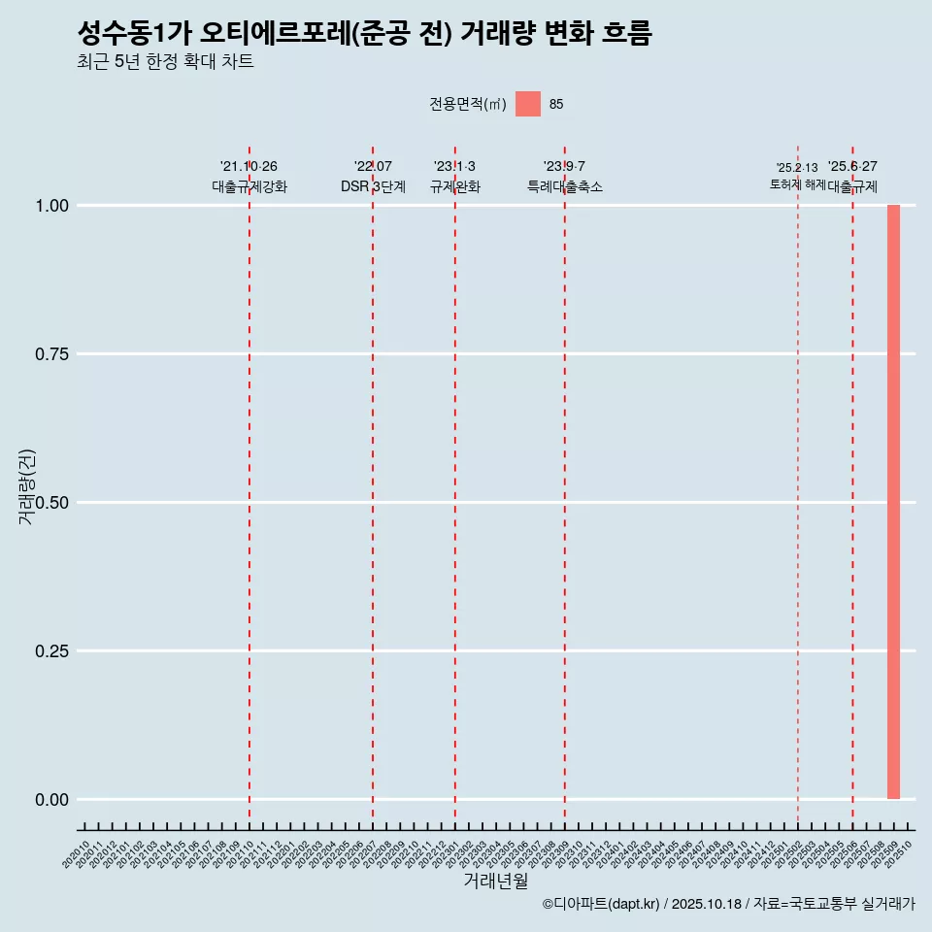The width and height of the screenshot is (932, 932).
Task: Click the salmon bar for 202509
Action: pyautogui.click(x=893, y=502)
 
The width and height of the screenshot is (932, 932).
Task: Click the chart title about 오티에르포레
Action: pyautogui.click(x=364, y=33)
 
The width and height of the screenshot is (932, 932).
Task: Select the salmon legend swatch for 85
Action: pyautogui.click(x=527, y=104)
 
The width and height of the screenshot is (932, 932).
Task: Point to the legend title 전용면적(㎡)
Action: pyautogui.click(x=468, y=104)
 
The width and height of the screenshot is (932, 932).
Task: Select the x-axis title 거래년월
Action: pyautogui.click(x=495, y=882)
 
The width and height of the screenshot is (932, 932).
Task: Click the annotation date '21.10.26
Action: pyautogui.click(x=249, y=167)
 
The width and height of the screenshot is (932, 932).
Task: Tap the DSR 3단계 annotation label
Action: pyautogui.click(x=373, y=186)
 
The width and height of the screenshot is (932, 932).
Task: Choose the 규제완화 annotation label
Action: pyautogui.click(x=454, y=186)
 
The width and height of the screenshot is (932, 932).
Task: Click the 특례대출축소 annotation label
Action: pyautogui.click(x=564, y=186)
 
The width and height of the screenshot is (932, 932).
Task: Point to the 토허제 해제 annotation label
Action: pyautogui.click(x=797, y=183)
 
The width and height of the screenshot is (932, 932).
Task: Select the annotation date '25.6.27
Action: pyautogui.click(x=852, y=167)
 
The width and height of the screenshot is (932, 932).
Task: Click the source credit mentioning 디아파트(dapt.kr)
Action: pyautogui.click(x=728, y=904)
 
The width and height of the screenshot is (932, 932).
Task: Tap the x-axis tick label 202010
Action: pyautogui.click(x=77, y=854)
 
